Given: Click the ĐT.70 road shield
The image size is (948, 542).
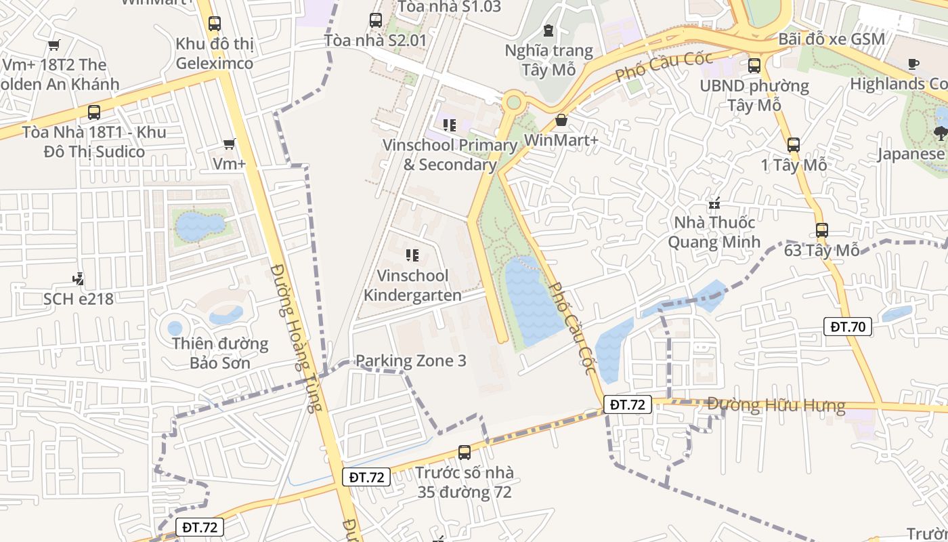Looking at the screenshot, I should pyautogui.click(x=848, y=327).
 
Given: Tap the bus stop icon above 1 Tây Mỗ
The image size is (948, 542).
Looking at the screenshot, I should pyautogui.click(x=794, y=144).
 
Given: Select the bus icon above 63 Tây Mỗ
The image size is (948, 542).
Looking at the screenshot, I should pyautogui.click(x=821, y=230).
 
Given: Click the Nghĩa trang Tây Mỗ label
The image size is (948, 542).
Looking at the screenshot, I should pyautogui.click(x=548, y=60).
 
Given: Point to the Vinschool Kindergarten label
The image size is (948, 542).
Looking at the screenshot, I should pyautogui.click(x=413, y=285).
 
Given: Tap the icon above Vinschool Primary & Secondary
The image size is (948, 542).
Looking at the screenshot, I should pyautogui.click(x=449, y=125).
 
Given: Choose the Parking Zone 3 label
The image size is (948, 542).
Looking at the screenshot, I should pyautogui.click(x=410, y=360).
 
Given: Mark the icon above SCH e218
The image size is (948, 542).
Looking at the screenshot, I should pyautogui.click(x=78, y=278).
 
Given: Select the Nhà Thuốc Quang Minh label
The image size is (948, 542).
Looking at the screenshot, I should pyautogui.click(x=714, y=232).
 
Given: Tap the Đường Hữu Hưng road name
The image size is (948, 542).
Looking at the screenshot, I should pyautogui.click(x=776, y=405).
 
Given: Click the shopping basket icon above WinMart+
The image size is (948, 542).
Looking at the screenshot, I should pyautogui.click(x=561, y=121).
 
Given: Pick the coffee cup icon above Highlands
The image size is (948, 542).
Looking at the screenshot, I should pyautogui.click(x=913, y=64).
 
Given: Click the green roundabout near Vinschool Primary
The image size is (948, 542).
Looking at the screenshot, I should pyautogui.click(x=513, y=102).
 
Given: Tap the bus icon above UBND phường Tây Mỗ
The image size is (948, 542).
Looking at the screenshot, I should pyautogui.click(x=754, y=66).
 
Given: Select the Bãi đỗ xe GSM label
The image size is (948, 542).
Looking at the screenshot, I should pyautogui.click(x=832, y=39).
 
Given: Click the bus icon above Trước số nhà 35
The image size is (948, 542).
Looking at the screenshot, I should pyautogui.click(x=464, y=452).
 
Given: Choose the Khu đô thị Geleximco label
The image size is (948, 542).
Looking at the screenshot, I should pyautogui.click(x=214, y=54).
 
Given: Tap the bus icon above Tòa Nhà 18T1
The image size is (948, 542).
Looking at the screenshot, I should pyautogui.click(x=93, y=112).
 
